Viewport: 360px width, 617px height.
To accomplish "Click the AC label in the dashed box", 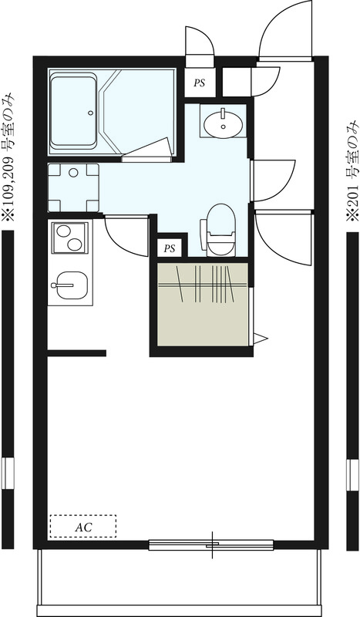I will [83, 527].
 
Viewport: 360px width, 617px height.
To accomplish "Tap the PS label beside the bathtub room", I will [200, 83].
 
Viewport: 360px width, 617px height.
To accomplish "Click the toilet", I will [220, 228].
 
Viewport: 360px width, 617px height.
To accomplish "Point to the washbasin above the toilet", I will [224, 121].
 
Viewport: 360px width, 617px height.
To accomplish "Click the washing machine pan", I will [73, 187].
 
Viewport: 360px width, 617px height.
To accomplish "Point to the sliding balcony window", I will [212, 545].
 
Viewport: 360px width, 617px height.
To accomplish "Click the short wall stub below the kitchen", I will [76, 353].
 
